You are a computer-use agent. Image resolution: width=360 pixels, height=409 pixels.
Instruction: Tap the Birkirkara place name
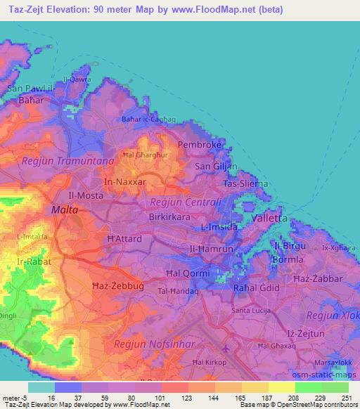[x=169, y=217]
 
